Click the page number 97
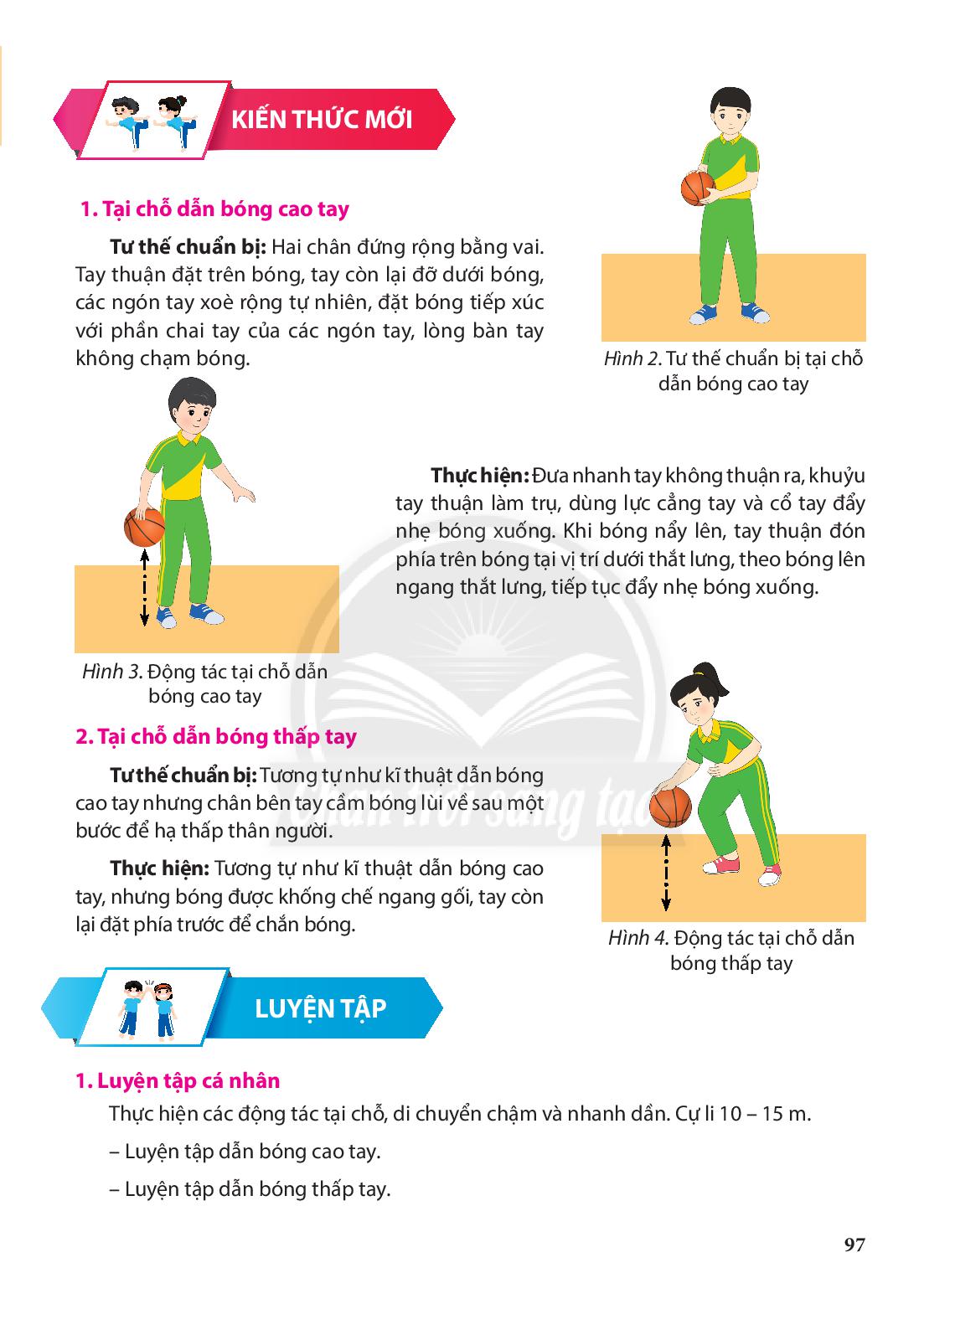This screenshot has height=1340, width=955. [854, 1245]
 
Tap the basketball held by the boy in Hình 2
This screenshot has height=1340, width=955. [698, 188]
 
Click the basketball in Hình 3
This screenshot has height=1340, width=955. [144, 527]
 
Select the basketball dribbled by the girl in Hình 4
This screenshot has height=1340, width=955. [670, 807]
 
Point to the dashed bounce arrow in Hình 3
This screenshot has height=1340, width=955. [144, 589]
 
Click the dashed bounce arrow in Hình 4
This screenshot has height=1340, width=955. [666, 873]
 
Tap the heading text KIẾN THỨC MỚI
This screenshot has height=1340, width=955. [322, 120]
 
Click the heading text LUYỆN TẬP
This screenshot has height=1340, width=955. [321, 1008]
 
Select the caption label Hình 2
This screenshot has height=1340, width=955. [632, 358]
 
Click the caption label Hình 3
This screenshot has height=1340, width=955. [112, 671]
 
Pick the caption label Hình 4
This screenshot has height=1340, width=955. [638, 937]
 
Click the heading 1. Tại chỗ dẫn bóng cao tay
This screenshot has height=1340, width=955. [214, 209]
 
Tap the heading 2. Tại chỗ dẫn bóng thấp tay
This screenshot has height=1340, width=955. [216, 736]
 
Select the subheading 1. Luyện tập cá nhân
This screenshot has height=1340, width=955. [178, 1080]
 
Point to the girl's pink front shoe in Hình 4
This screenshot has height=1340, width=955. [721, 865]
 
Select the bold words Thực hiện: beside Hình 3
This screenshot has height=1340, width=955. [480, 476]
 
